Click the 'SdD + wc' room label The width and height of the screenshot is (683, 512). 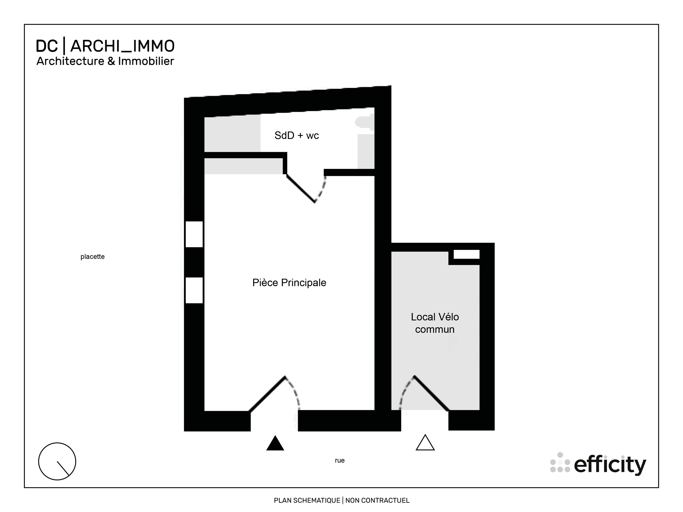[297, 136]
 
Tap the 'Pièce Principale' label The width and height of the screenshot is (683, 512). [289, 283]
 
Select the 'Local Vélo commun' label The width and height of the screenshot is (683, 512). [435, 323]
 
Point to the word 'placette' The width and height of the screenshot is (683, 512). [92, 257]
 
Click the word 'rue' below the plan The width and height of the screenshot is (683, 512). [339, 460]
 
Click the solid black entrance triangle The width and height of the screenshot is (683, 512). [275, 444]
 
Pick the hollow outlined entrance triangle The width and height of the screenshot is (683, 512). [425, 443]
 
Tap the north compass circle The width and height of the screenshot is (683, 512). [57, 461]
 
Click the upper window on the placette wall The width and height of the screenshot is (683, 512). [194, 234]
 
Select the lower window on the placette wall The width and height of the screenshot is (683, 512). [194, 290]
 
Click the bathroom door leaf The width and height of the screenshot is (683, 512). [301, 189]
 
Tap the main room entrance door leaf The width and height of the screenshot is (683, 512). [267, 394]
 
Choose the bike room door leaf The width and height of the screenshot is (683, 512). [431, 393]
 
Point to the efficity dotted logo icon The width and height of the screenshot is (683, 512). [560, 463]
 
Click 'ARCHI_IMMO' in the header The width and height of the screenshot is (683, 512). [122, 46]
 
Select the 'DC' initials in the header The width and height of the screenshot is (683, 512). [47, 46]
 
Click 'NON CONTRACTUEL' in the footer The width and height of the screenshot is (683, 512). [377, 500]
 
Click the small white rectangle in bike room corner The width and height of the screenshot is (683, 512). [466, 254]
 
